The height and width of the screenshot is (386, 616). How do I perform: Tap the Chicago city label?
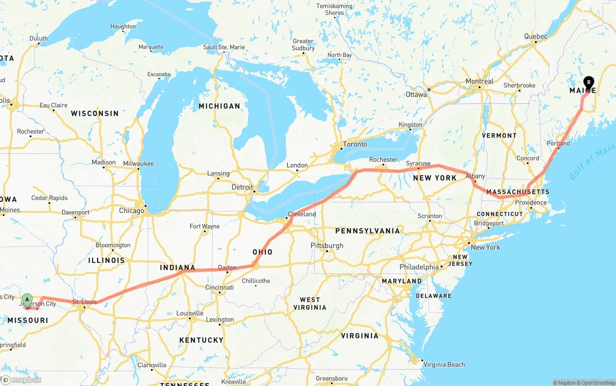pyautogui.click(x=131, y=211)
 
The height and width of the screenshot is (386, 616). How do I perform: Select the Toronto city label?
pyautogui.click(x=355, y=144)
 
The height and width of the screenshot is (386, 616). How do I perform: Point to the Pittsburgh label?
pyautogui.click(x=327, y=245)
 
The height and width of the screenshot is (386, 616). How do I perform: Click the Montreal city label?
pyautogui.click(x=479, y=81)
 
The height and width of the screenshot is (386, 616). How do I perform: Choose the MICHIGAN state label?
pyautogui.click(x=219, y=106)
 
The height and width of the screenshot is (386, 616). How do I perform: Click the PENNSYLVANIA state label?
pyautogui.click(x=368, y=231)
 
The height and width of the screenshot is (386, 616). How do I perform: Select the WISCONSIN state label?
pyautogui.click(x=95, y=113)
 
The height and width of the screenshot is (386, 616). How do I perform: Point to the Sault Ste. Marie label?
pyautogui.click(x=224, y=47)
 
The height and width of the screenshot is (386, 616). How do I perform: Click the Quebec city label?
pyautogui.click(x=536, y=36)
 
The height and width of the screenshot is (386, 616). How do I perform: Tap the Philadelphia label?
pyautogui.click(x=419, y=267)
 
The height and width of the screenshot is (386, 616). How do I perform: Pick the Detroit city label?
pyautogui.click(x=242, y=187)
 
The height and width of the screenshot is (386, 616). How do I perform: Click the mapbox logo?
pyautogui.click(x=21, y=380)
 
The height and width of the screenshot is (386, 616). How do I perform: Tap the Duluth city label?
pyautogui.click(x=38, y=38)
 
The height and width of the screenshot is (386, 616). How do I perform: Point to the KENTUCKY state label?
pyautogui.click(x=201, y=340)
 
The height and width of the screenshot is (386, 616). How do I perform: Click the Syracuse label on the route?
pyautogui.click(x=418, y=163)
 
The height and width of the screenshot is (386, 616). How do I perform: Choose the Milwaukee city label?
pyautogui.click(x=138, y=163)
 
